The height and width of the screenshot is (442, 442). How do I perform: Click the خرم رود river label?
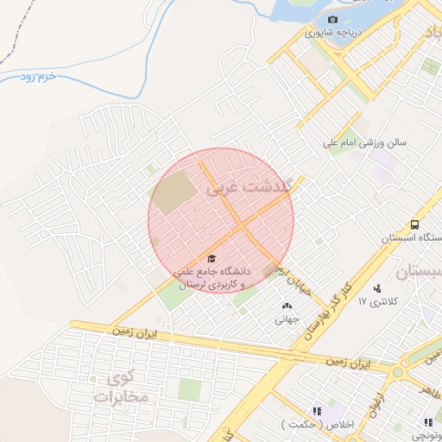(x=39, y=78)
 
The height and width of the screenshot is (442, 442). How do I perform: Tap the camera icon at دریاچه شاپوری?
(x=333, y=19)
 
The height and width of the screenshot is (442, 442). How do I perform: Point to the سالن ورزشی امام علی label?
(x=364, y=142)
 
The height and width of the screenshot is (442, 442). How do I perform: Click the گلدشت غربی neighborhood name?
(x=249, y=185)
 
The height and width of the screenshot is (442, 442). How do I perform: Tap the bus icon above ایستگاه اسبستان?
(x=415, y=224)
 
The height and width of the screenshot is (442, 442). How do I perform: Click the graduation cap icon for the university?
(x=212, y=258)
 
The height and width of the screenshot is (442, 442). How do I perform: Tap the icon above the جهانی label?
(x=287, y=305)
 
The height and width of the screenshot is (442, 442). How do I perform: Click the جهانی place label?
(x=287, y=319)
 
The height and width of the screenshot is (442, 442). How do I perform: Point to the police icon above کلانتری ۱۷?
(x=377, y=288)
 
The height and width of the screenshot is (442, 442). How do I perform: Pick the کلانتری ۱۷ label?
(x=380, y=302)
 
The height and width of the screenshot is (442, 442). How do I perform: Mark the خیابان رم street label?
(x=289, y=281)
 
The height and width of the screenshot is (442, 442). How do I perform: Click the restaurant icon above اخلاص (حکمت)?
(x=317, y=412)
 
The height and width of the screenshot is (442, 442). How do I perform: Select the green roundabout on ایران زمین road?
(x=397, y=373)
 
